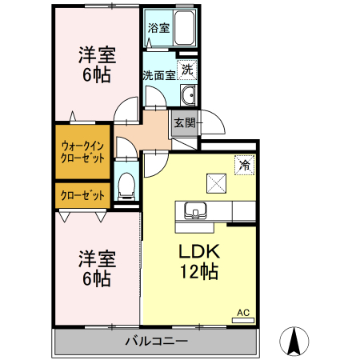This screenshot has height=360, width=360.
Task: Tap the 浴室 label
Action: [x=158, y=28]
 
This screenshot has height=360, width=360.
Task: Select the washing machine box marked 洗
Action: [x=186, y=70]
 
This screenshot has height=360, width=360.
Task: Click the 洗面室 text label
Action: [x=158, y=76]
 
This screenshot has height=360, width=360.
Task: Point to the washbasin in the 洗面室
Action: [x=187, y=97]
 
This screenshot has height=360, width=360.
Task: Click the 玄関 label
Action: [x=184, y=123]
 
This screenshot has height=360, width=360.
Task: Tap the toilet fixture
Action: [x=126, y=186]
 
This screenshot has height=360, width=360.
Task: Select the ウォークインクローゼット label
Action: [x=82, y=151]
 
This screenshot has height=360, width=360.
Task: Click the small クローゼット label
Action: [x=82, y=194]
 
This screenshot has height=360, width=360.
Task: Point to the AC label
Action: [x=242, y=312]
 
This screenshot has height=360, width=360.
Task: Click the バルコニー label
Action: [x=156, y=342]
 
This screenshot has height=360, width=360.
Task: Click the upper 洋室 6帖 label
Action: [x=96, y=66]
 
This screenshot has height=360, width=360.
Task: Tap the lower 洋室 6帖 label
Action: [x=96, y=269]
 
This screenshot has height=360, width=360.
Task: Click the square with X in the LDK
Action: [x=216, y=182]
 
